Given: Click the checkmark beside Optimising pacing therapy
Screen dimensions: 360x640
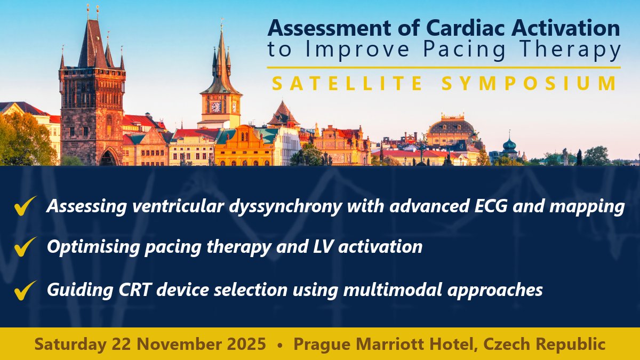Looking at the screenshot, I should tap(26, 247).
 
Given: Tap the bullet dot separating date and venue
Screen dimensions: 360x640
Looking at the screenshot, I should tap(280, 345).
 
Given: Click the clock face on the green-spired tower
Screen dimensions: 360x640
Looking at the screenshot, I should tap(216, 107).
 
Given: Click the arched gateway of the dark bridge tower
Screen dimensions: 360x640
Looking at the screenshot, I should tap(108, 158).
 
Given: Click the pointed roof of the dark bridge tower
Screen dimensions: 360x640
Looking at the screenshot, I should tap(91, 43).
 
